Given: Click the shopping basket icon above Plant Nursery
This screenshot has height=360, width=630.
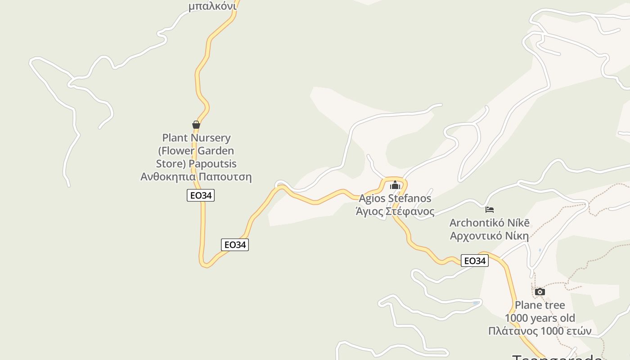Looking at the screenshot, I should pyautogui.click(x=196, y=125).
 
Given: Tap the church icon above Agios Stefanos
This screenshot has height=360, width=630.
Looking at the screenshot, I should pyautogui.click(x=395, y=185).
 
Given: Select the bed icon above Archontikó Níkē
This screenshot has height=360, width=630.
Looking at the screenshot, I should pyautogui.click(x=490, y=209).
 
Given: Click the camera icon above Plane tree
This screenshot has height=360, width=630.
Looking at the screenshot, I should pyautogui.click(x=540, y=292).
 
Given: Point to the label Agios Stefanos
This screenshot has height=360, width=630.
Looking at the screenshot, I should pyautogui.click(x=395, y=198).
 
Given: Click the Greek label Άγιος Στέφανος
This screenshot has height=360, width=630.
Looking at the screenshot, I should pyautogui.click(x=395, y=211).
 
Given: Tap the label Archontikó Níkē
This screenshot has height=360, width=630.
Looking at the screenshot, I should pyautogui.click(x=490, y=223).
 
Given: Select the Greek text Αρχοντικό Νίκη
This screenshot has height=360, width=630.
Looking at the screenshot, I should pyautogui.click(x=490, y=235).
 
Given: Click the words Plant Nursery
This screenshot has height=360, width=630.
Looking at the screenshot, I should pyautogui.click(x=196, y=138).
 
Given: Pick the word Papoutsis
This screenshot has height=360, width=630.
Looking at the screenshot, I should pyautogui.click(x=212, y=163).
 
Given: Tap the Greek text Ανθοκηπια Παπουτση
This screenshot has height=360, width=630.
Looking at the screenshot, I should pyautogui.click(x=196, y=176).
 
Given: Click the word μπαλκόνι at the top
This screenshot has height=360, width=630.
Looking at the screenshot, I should pyautogui.click(x=212, y=6).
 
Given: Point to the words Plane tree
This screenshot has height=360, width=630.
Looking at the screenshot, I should pyautogui.click(x=540, y=305).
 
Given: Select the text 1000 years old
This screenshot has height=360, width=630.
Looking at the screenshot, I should pyautogui.click(x=540, y=318).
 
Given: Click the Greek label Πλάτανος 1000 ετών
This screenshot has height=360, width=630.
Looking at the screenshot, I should pyautogui.click(x=540, y=331).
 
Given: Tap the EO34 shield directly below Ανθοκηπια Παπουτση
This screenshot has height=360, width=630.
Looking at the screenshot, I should pyautogui.click(x=201, y=195).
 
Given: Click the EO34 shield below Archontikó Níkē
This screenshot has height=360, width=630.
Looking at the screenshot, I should pyautogui.click(x=475, y=261).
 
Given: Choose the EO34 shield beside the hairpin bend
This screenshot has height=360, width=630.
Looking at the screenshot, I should pyautogui.click(x=235, y=245).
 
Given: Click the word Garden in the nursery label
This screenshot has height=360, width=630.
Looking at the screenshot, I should pyautogui.click(x=215, y=151).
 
